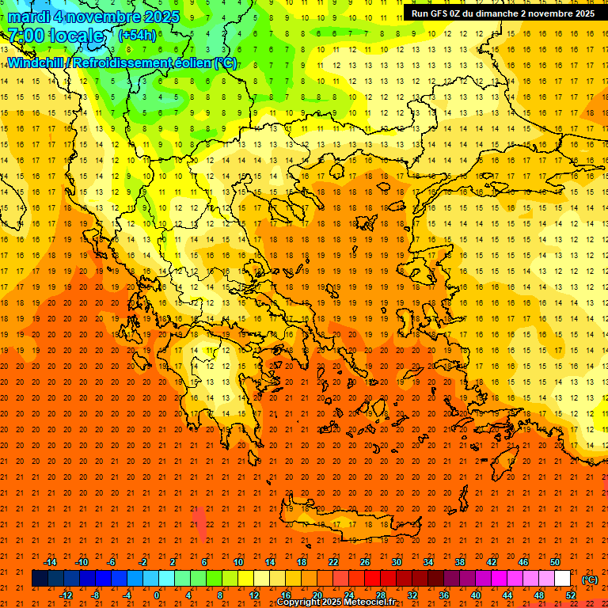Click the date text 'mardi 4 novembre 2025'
[x=93, y=17]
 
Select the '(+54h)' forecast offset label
[x=137, y=36]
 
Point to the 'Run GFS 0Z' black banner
[x=503, y=13]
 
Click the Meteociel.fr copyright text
[x=336, y=602]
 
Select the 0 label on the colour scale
[x=157, y=595]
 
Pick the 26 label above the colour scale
[x=365, y=562]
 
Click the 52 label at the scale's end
[x=570, y=595]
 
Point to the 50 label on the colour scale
[x=555, y=562]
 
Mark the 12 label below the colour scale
[x=254, y=595]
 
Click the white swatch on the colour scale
[x=562, y=579]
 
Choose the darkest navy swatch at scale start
[x=40, y=579]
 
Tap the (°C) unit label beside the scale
[x=589, y=579]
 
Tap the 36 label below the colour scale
[x=443, y=595]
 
